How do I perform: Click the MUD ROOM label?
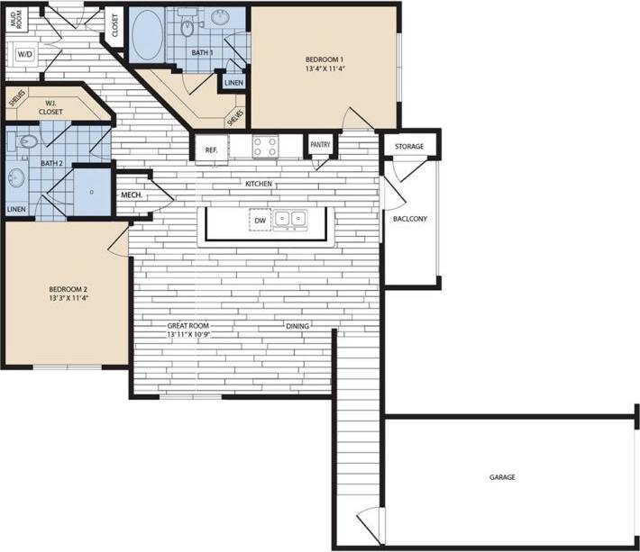click(15, 21)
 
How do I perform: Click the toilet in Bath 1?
click(187, 29)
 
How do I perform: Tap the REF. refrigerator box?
click(211, 150)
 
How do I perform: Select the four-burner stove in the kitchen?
click(264, 146)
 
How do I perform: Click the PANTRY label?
click(320, 144)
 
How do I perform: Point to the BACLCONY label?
click(410, 219)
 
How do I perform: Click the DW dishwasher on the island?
click(260, 220)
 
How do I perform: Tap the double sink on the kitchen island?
click(291, 218)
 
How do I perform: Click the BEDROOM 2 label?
click(68, 289)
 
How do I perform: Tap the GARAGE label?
click(503, 477)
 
